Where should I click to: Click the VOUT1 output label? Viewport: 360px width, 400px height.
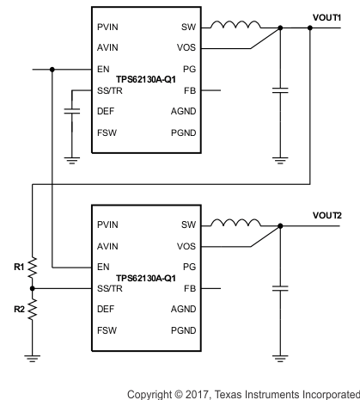point(326,15)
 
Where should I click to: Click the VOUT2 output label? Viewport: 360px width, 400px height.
point(326,214)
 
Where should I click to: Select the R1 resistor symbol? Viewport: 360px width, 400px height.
point(33,268)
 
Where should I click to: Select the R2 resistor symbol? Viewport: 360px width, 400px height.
point(33,307)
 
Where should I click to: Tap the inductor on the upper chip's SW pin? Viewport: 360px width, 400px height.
point(241,26)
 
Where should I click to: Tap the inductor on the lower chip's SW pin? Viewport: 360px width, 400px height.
point(241,225)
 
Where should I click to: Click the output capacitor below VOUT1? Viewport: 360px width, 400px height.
point(279,89)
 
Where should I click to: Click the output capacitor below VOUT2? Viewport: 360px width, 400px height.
point(279,287)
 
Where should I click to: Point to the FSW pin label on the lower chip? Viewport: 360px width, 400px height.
point(107,329)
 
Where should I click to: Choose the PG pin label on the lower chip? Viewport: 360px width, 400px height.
point(189,268)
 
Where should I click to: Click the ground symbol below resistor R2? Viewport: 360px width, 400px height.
point(33,354)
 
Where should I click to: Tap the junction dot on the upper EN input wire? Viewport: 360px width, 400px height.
point(52,69)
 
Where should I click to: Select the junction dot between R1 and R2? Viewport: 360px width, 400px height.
point(33,288)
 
